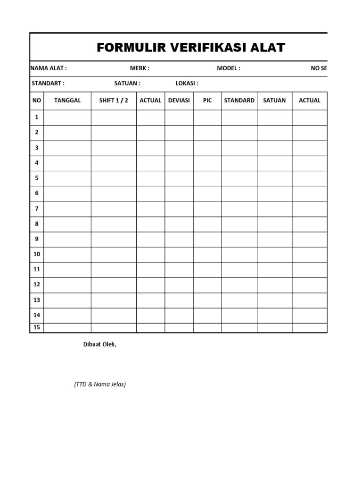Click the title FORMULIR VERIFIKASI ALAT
point(190,48)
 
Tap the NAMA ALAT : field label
point(49,68)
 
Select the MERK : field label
point(140,68)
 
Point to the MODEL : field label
point(228,68)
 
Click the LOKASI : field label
point(187,83)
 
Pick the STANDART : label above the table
point(48,83)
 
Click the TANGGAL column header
point(67,100)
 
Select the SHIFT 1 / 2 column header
point(114,100)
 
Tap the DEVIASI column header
point(179,100)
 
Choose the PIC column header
point(207,100)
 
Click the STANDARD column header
point(239,100)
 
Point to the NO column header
point(37,100)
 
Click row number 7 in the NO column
point(37,209)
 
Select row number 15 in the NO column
point(37,327)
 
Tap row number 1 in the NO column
point(37,117)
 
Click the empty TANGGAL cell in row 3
point(67,148)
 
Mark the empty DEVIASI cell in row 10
point(179,255)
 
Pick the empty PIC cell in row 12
point(207,285)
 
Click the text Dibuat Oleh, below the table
point(99,344)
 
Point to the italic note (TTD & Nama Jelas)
point(100,384)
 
